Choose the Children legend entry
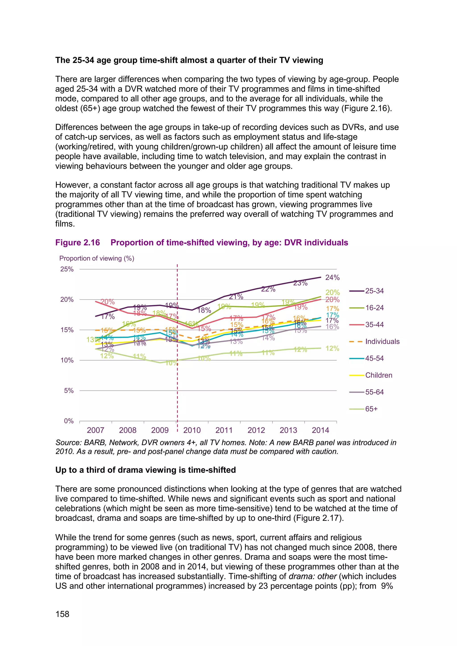378,375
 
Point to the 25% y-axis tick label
67,269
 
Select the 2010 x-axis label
192,430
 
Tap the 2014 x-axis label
320,430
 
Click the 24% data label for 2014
332,278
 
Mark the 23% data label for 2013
300,283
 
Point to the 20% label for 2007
108,302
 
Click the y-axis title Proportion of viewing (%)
97,259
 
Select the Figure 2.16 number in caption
77,242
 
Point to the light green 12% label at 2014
332,349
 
